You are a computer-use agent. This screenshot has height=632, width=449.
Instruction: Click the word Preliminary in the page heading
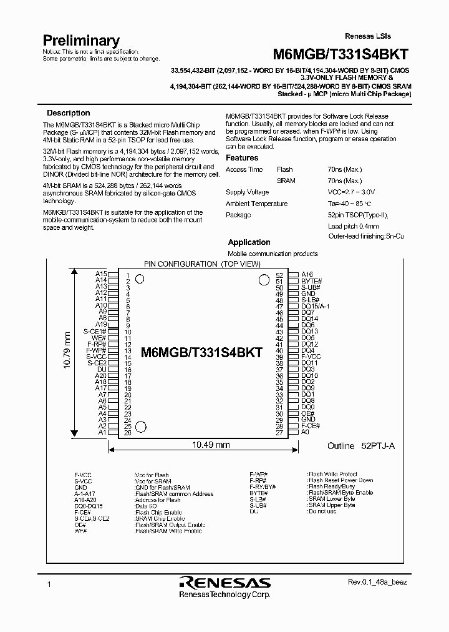point(80,40)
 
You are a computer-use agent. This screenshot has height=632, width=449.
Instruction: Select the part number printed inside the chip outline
point(201,352)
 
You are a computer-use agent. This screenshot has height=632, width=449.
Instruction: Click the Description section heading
point(69,113)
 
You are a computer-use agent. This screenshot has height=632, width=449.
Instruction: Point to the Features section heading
point(242,158)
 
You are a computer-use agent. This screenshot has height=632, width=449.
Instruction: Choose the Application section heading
point(249,242)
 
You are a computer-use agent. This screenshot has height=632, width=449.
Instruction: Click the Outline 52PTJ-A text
point(360,447)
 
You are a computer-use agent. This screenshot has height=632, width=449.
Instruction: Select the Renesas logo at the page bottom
point(224,583)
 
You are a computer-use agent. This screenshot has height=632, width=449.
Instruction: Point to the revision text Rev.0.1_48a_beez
point(377,581)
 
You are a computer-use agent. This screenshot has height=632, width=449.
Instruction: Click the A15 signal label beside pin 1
point(101,274)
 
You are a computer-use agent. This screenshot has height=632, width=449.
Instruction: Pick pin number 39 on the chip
point(279,357)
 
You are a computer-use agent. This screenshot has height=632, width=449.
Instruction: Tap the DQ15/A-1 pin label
point(316,306)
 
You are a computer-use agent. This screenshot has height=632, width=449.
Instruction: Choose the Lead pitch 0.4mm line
point(353,226)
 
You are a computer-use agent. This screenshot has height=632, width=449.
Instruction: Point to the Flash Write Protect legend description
point(333,475)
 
